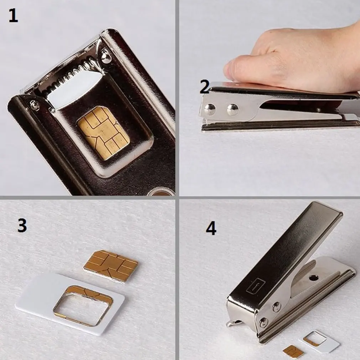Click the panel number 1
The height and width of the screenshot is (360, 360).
tap(13, 16)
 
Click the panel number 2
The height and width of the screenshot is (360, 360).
tap(204, 87)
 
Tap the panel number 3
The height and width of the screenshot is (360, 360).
tap(22, 226)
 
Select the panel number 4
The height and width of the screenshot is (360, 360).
tap(211, 228)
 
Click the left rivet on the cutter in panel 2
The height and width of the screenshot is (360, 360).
tap(210, 109)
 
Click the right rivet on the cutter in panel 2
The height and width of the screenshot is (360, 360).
tap(233, 109)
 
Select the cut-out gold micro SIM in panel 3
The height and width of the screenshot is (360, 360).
tap(111, 266)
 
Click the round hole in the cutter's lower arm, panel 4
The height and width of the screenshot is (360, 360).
tap(314, 277)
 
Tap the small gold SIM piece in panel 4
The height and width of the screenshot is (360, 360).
tap(293, 351)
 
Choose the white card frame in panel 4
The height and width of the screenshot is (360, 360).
tap(319, 341)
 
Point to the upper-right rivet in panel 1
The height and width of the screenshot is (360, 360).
tap(106, 57)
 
